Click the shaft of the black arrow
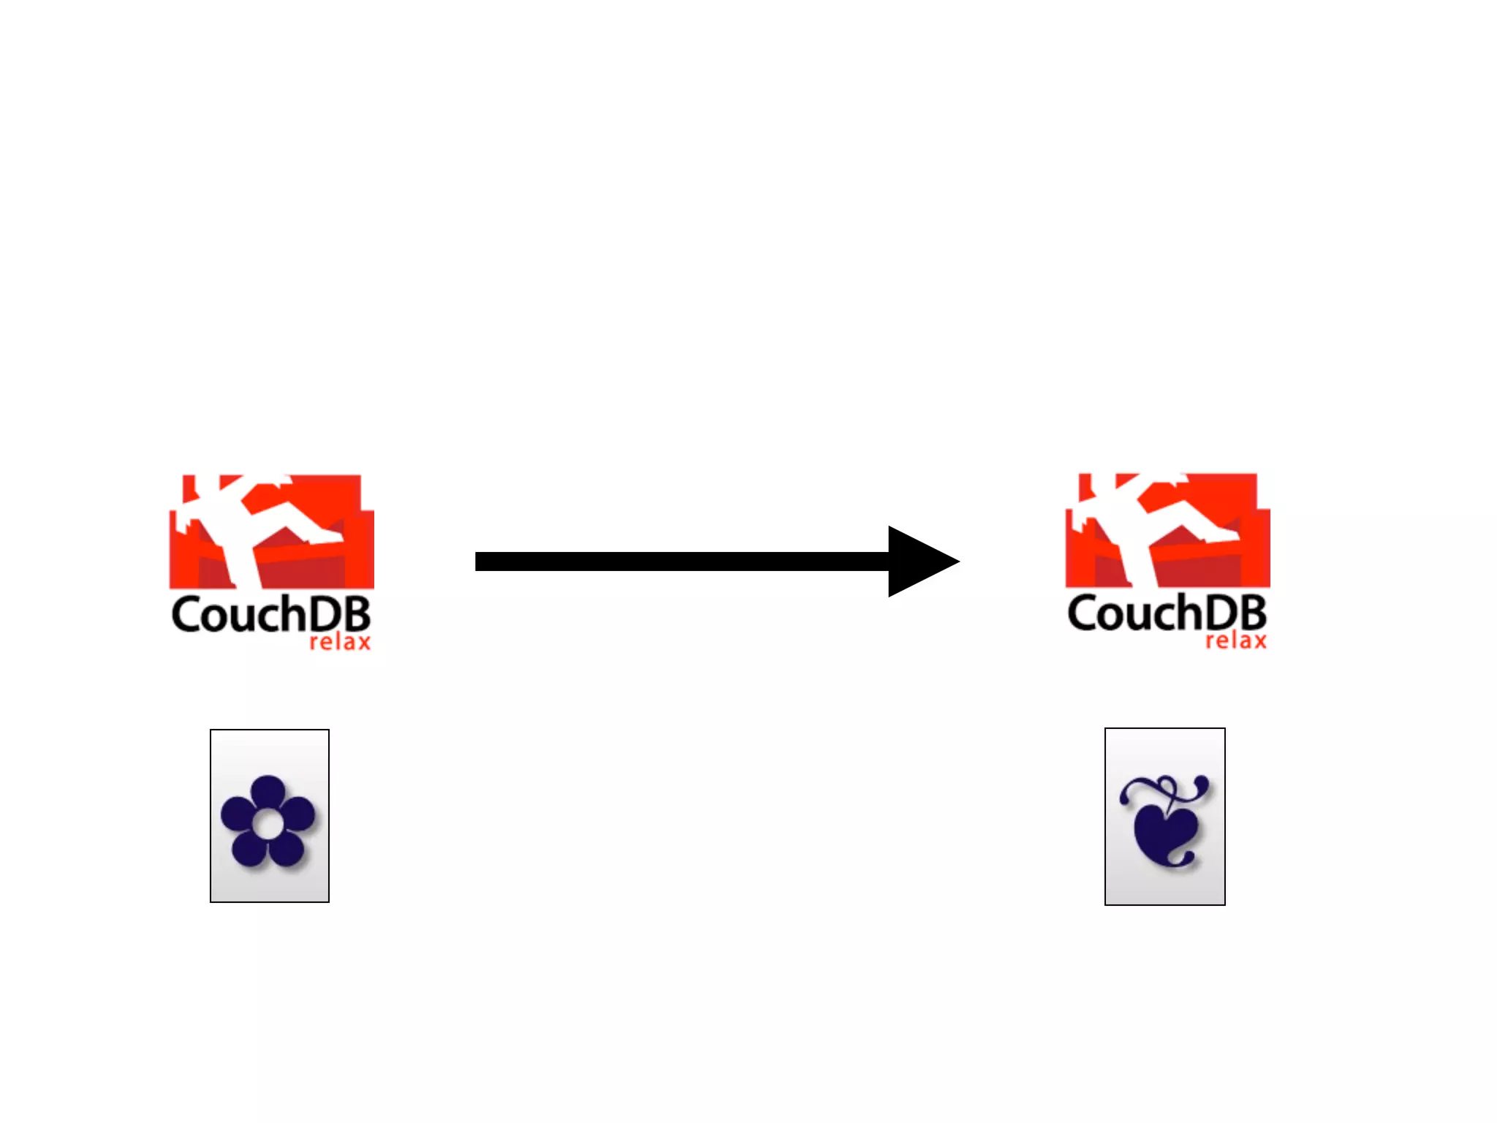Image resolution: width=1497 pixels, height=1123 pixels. click(680, 561)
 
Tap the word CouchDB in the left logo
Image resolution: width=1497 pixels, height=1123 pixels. click(271, 615)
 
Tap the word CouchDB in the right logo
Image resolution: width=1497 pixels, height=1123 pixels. click(1167, 613)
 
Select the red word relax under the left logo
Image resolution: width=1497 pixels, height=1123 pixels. click(340, 643)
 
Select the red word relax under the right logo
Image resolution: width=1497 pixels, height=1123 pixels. click(1235, 641)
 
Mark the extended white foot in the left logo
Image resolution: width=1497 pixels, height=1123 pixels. click(325, 536)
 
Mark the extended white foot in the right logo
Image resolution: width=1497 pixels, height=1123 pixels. click(1221, 534)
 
